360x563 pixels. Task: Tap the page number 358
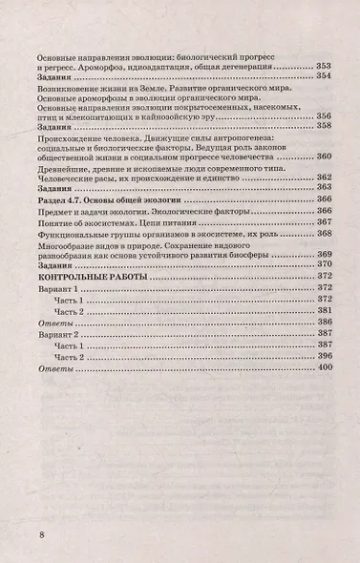point(326,125)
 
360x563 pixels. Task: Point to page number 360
point(326,156)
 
